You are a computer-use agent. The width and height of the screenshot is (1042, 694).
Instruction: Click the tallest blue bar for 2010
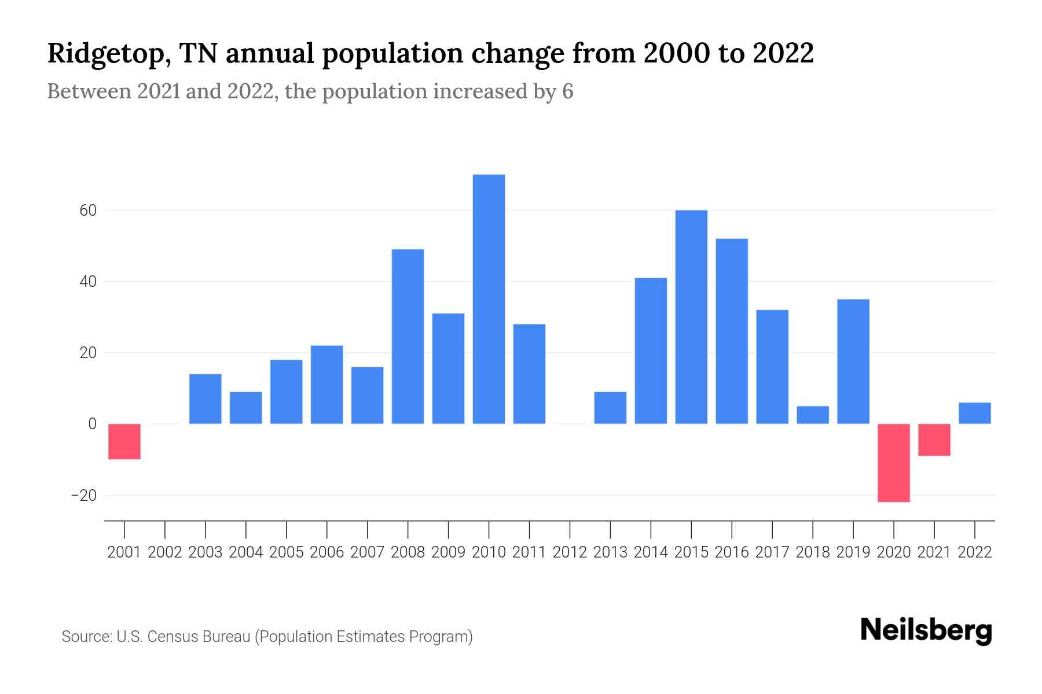point(489,299)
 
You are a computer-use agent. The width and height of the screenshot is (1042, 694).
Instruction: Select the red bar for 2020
point(893,463)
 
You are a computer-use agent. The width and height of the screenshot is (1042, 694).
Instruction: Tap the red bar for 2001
point(124,441)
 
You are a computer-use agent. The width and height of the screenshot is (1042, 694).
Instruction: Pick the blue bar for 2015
point(691,317)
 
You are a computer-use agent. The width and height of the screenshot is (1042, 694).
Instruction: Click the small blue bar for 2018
point(812,415)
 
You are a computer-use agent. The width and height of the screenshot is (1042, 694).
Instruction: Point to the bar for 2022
point(974,413)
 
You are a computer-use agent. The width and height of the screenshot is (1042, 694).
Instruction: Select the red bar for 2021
point(934,440)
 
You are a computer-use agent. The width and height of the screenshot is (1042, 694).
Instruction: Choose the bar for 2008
point(408,337)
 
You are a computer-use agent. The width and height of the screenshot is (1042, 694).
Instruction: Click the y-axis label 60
point(88,211)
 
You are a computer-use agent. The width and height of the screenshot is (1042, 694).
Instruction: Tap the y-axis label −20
point(84,496)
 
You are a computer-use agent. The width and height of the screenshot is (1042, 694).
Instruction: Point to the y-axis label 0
point(92,424)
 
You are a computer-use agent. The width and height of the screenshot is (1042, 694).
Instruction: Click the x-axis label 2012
point(570,552)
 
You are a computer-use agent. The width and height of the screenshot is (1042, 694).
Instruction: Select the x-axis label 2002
point(165,552)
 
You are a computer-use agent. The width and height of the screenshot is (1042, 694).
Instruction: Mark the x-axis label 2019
point(853,552)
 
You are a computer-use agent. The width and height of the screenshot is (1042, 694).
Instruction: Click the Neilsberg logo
point(926,631)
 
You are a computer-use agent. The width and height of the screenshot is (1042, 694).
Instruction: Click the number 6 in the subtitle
point(567,91)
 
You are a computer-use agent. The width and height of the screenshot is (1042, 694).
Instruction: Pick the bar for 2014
point(651,351)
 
